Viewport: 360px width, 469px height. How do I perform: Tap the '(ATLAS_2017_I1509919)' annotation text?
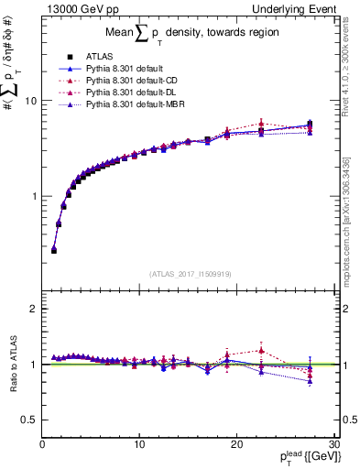click(x=189, y=273)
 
